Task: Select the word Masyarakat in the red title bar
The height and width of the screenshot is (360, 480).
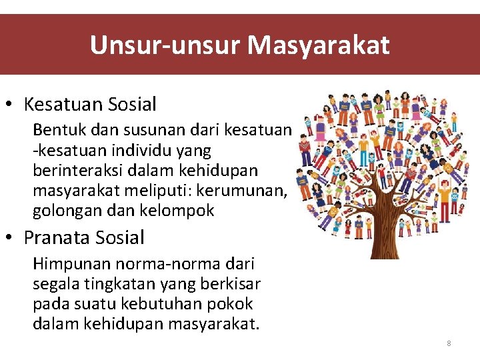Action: (319, 45)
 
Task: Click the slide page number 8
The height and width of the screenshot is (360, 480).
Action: (449, 343)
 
